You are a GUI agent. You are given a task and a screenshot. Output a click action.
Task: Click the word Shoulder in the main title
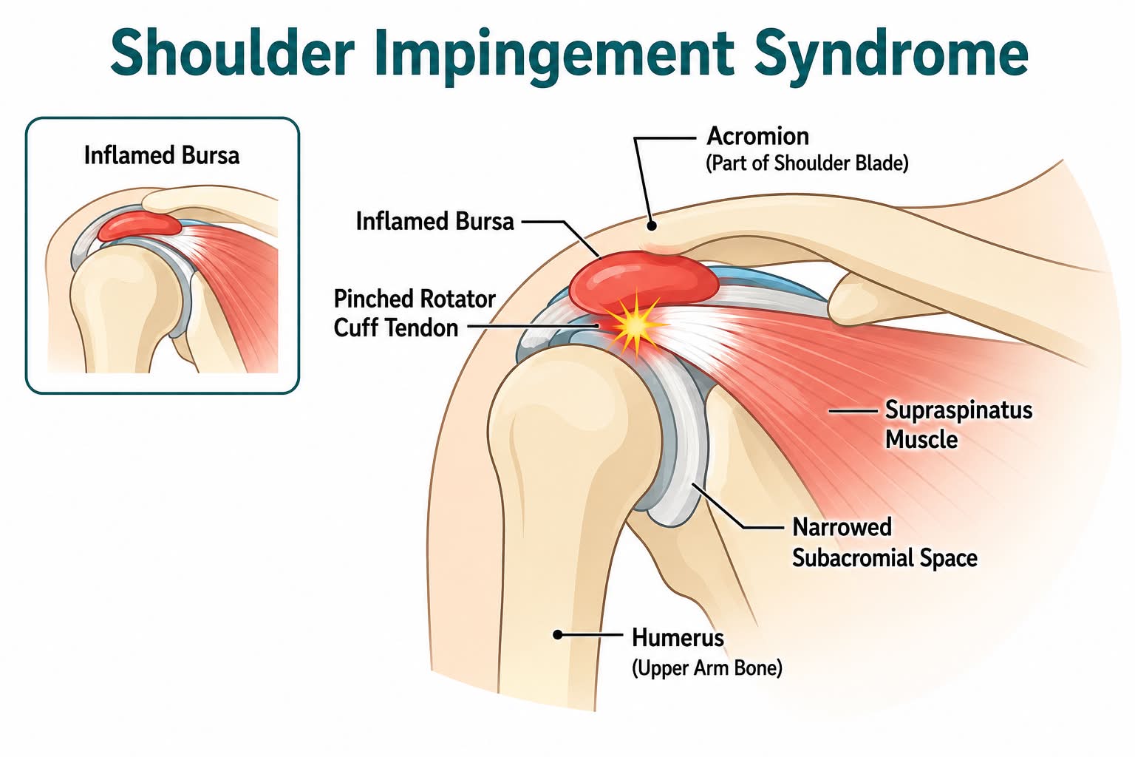coord(232,52)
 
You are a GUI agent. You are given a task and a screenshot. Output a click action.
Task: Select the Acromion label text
coord(757,136)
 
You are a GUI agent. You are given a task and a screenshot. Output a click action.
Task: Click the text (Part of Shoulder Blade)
coord(807,163)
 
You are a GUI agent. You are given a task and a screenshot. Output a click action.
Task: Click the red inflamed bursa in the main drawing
coord(644,282)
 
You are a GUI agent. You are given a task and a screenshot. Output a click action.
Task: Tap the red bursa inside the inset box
coord(140,225)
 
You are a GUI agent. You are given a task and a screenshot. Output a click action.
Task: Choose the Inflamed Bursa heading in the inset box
coord(162,155)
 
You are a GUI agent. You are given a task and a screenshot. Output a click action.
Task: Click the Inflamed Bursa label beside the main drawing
coord(434,221)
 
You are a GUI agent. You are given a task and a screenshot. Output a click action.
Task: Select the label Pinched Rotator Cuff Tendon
coord(415,313)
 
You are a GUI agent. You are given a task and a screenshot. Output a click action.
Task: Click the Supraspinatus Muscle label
coord(958,424)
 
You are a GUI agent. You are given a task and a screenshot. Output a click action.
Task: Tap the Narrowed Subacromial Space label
coord(885,542)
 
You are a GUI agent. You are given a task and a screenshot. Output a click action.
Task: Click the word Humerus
coord(678,637)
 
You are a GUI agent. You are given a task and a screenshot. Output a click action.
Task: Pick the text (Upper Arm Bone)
coord(707,668)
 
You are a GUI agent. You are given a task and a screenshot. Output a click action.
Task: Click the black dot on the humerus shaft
coord(558,634)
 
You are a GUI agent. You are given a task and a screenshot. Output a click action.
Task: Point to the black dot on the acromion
coord(652,225)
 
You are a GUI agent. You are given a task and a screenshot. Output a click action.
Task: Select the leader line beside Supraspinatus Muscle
coord(853,411)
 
